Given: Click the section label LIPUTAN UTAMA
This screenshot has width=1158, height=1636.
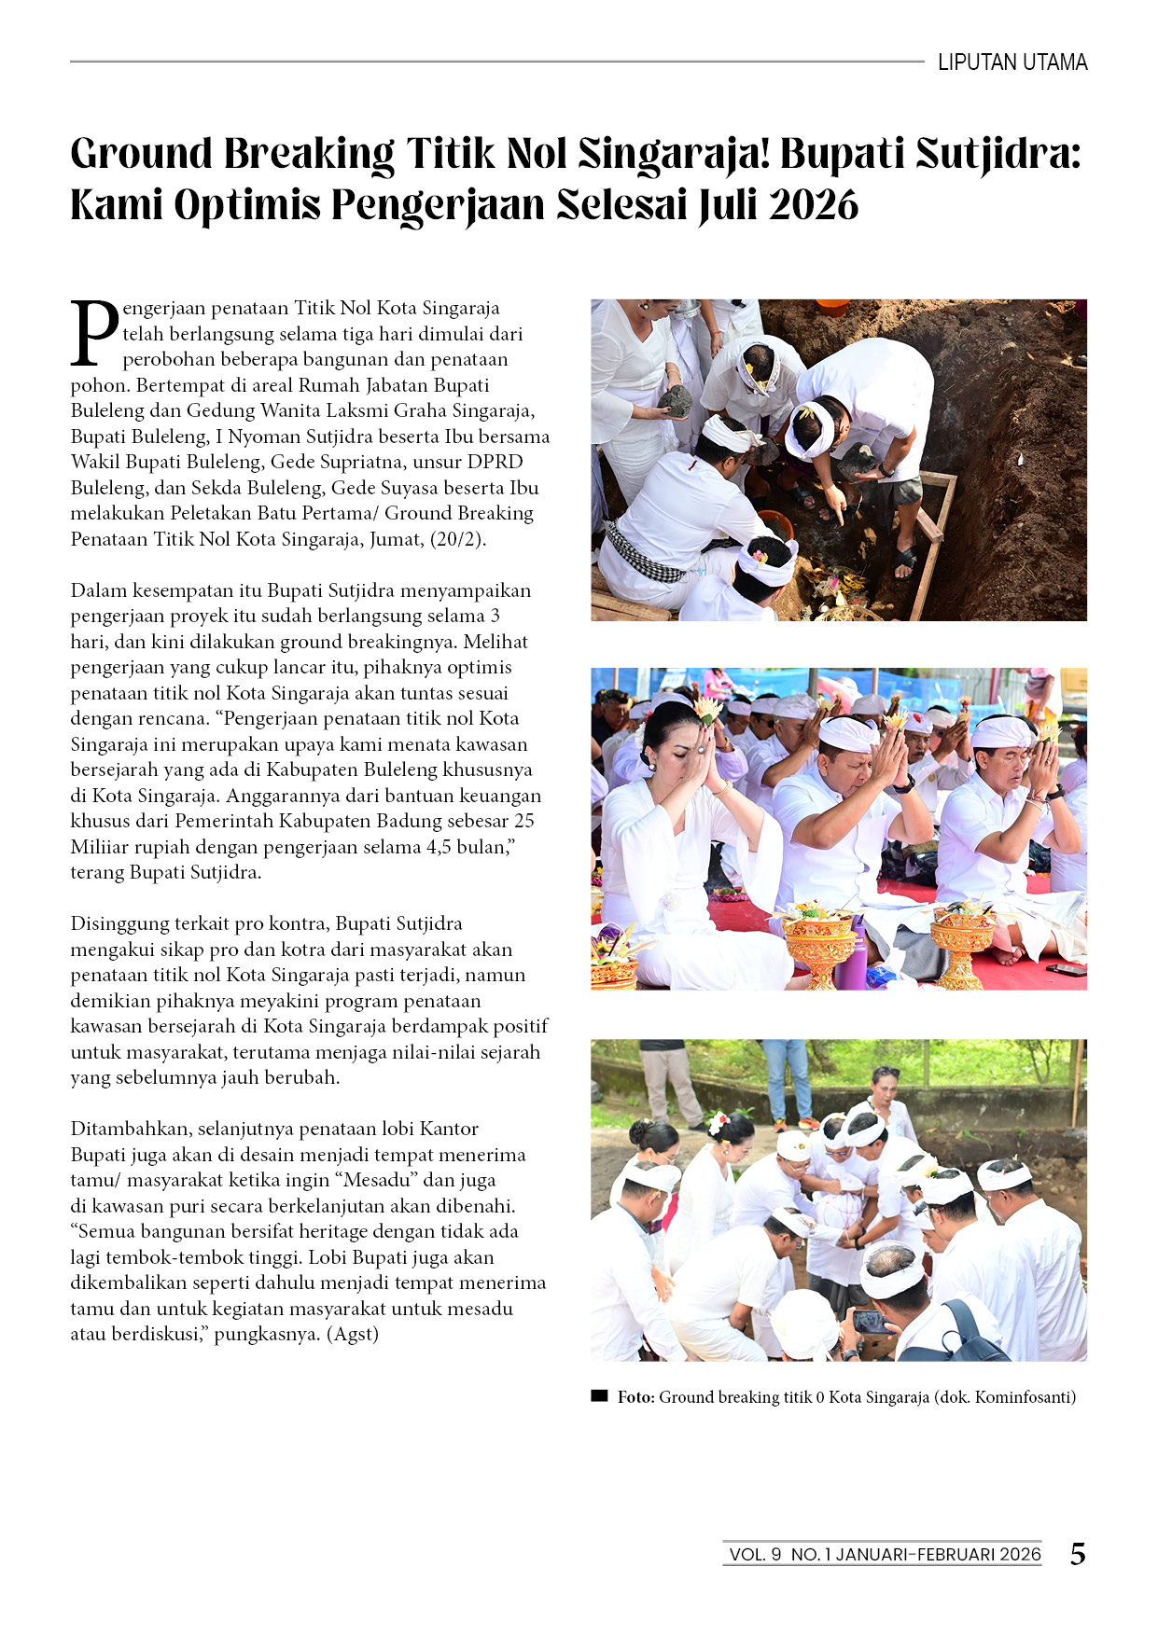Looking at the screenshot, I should coord(1012,62).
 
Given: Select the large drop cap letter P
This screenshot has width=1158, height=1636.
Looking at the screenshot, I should coord(94,333).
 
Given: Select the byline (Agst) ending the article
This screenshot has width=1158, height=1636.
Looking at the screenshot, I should coord(353,1334).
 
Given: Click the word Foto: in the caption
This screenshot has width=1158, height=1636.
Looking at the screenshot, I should coord(635,1397).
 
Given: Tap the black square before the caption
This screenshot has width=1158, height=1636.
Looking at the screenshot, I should coord(599,1396).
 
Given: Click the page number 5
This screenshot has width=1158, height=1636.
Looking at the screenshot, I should coord(1078,1554).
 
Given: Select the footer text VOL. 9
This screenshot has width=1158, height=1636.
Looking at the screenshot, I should coord(755,1555).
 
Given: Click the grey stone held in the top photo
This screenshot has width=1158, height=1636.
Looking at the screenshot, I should coord(675,401).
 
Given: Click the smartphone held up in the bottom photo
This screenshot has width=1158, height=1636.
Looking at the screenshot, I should coord(867,1321).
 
